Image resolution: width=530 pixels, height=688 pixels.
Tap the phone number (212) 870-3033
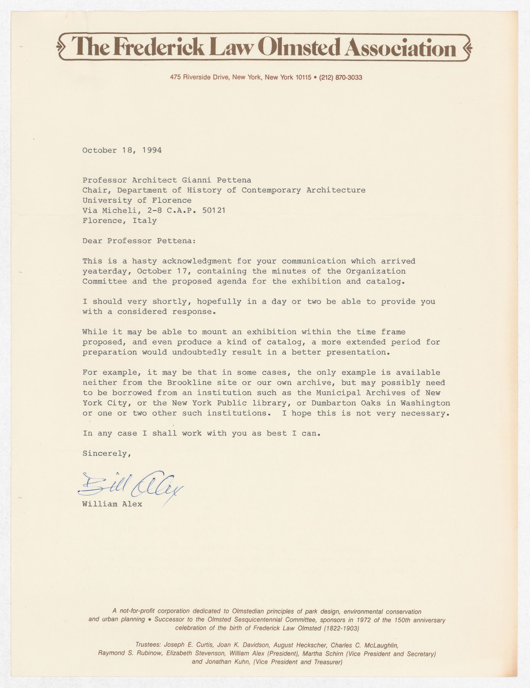click(341, 78)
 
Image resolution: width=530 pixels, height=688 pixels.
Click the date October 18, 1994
click(122, 150)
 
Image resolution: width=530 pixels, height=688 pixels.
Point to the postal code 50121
click(214, 210)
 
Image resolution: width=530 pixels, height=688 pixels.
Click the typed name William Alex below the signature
click(112, 504)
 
